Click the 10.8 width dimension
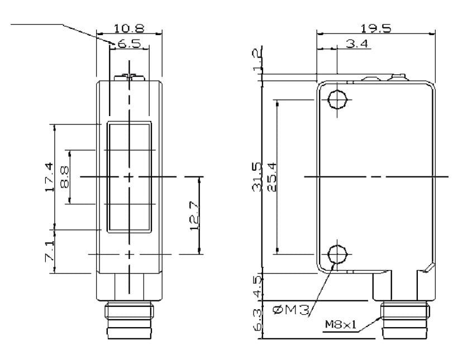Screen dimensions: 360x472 [128, 28]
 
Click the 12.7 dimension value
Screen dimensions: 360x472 [194, 215]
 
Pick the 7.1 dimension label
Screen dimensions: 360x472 [49, 251]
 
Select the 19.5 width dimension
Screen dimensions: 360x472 [375, 28]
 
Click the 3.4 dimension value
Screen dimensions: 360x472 [356, 44]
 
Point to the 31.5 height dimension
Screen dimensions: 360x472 [257, 177]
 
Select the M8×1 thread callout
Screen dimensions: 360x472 [341, 325]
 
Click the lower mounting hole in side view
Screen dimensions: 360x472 [337, 255]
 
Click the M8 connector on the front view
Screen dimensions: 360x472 [129, 321]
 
